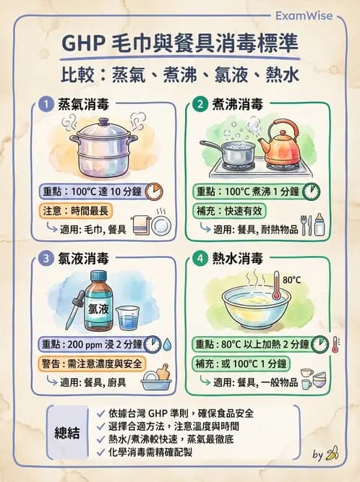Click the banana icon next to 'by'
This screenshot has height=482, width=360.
(333, 455)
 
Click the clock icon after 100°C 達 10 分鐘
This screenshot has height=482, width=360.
(153, 191)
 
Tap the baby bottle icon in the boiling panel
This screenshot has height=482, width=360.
(319, 225)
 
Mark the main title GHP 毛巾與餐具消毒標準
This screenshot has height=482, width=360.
(179, 45)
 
